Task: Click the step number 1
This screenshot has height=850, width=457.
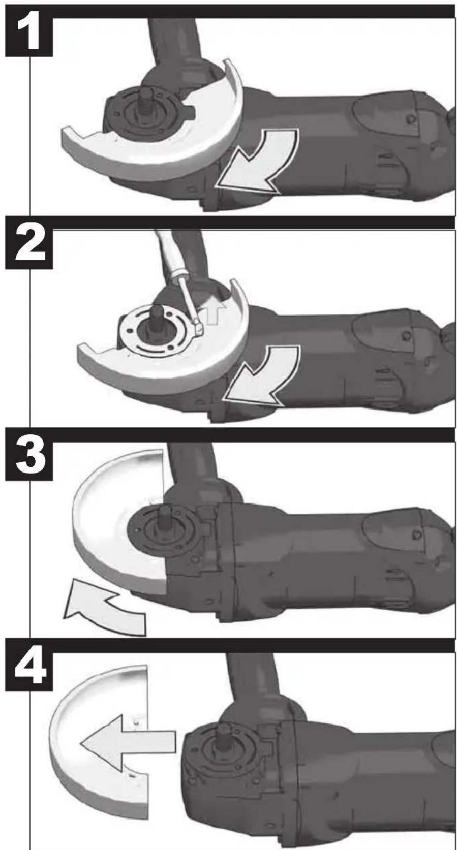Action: point(29,36)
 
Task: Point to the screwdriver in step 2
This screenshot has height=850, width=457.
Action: point(178,281)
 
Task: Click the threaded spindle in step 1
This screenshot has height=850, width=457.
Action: point(146,102)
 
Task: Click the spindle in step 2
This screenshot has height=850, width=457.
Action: point(156,317)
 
